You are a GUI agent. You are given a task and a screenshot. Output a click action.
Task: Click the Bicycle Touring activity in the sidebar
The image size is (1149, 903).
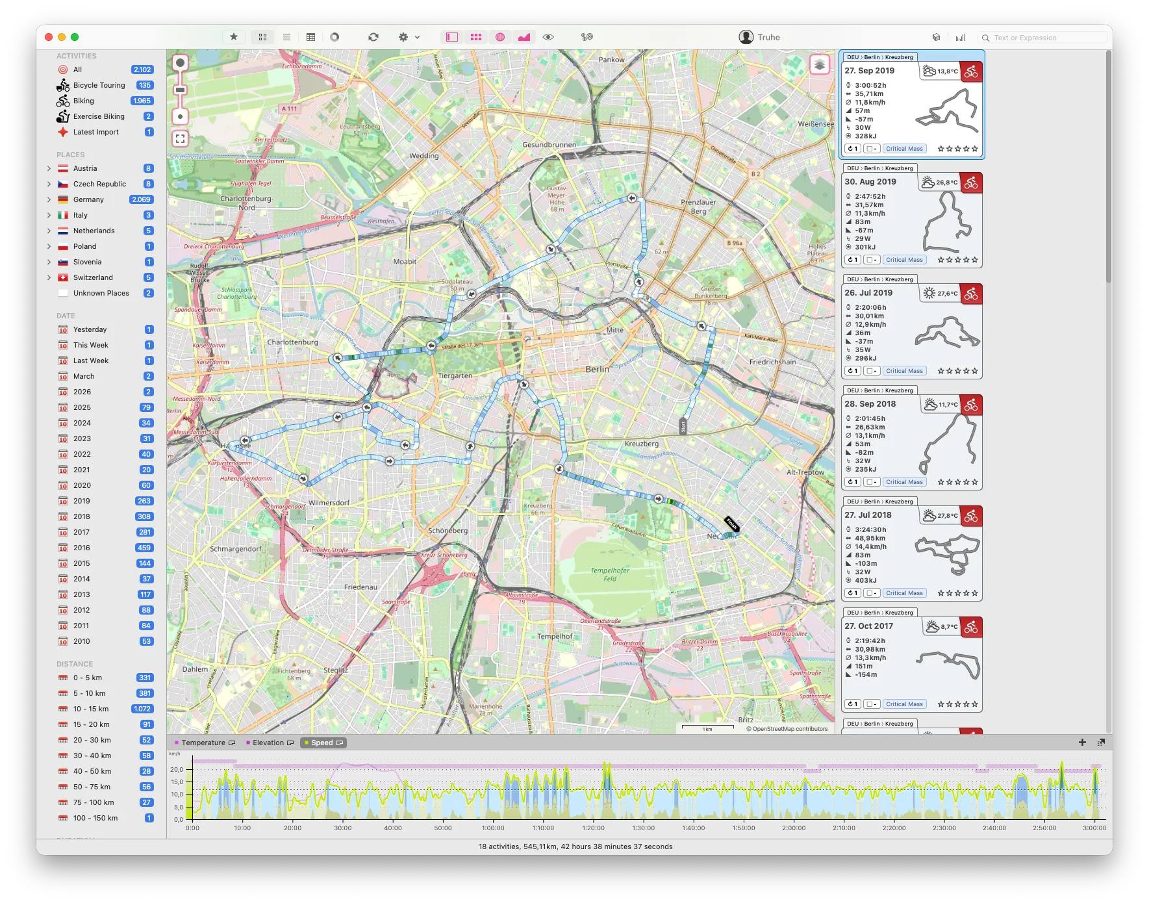click(99, 85)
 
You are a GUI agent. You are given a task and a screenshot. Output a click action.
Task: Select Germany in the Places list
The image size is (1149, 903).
click(88, 199)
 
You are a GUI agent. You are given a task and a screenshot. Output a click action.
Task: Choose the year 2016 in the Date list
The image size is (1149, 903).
click(82, 548)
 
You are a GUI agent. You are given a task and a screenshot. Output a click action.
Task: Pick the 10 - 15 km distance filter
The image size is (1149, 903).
click(91, 709)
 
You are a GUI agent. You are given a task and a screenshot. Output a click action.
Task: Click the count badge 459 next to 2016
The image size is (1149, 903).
click(144, 548)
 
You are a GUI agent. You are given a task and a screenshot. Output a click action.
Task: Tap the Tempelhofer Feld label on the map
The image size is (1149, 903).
click(610, 574)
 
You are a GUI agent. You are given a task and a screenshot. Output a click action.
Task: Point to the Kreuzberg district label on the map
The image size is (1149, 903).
click(641, 444)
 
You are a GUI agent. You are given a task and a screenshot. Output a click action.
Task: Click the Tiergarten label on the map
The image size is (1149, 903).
click(455, 375)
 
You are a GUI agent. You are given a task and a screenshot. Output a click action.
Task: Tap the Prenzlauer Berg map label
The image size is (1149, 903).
click(698, 207)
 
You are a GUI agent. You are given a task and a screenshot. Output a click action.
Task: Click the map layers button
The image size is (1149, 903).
click(820, 65)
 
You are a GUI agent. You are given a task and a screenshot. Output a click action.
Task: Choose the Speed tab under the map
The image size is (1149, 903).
click(322, 743)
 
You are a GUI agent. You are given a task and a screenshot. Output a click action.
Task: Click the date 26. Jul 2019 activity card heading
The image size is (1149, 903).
click(868, 293)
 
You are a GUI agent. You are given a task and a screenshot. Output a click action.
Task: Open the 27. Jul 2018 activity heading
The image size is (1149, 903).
click(868, 515)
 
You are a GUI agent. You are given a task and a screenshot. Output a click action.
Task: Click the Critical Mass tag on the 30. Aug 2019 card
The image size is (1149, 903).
click(904, 260)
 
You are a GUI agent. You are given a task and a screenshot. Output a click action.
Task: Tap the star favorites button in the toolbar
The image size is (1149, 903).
click(234, 37)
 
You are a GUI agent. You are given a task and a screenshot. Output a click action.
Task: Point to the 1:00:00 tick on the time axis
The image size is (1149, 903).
click(493, 828)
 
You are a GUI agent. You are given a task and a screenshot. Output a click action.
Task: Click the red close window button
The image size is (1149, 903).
click(49, 37)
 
